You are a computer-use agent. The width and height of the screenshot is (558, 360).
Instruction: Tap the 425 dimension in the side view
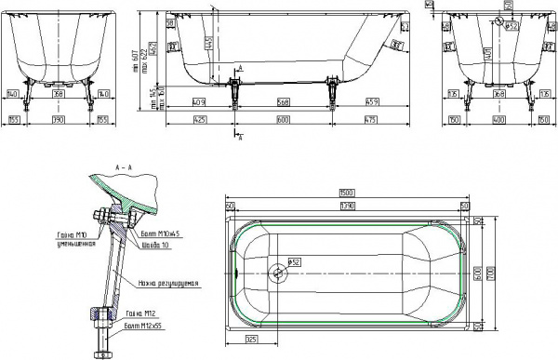tap(199, 120)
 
